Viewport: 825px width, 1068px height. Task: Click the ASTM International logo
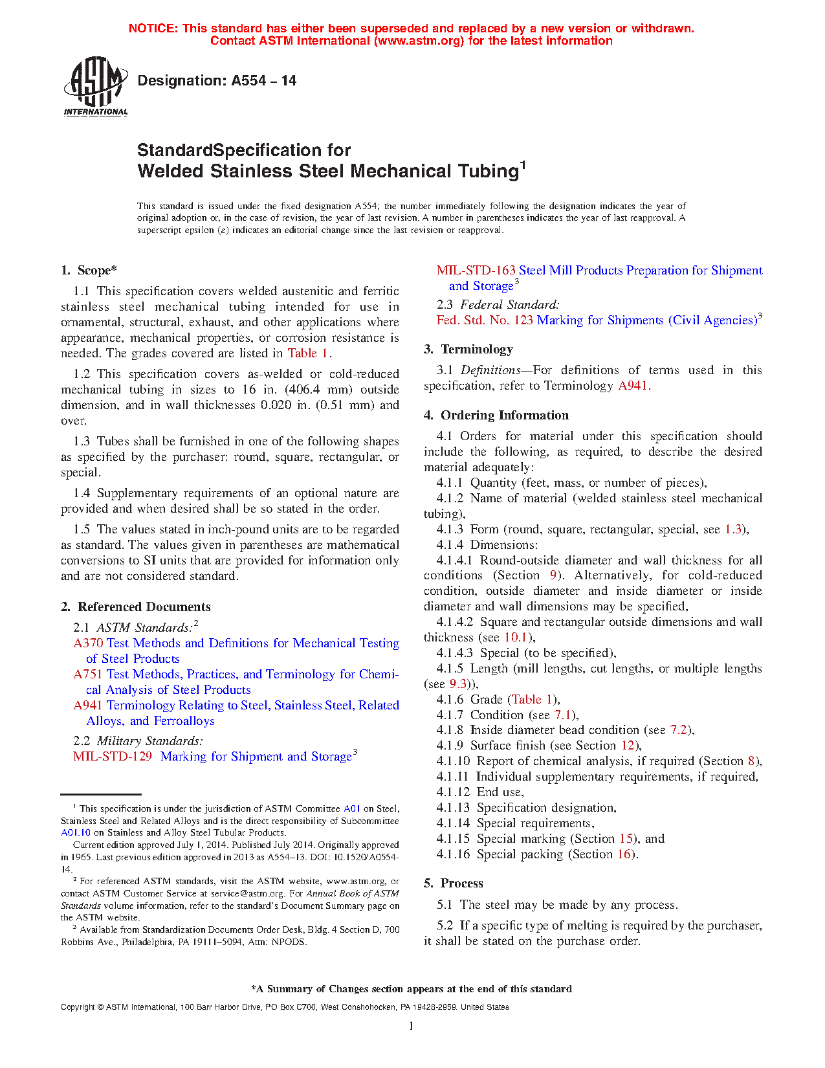click(x=96, y=86)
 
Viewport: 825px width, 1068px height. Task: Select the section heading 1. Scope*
click(x=89, y=271)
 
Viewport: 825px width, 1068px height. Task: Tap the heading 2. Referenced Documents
click(x=136, y=607)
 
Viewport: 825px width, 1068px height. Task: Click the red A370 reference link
click(x=88, y=643)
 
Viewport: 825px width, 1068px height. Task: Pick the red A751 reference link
click(x=88, y=674)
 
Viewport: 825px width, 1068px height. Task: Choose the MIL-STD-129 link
click(x=113, y=757)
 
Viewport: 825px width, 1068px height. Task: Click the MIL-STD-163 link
click(x=476, y=271)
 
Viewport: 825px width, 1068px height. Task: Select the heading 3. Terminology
click(x=468, y=350)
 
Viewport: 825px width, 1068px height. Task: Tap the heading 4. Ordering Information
click(x=496, y=416)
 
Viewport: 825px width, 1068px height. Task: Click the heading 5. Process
click(x=454, y=884)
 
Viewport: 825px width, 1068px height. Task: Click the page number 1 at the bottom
click(x=412, y=1026)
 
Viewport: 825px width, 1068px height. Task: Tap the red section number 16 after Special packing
click(x=624, y=854)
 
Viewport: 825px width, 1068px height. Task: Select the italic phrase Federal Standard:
click(x=510, y=305)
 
